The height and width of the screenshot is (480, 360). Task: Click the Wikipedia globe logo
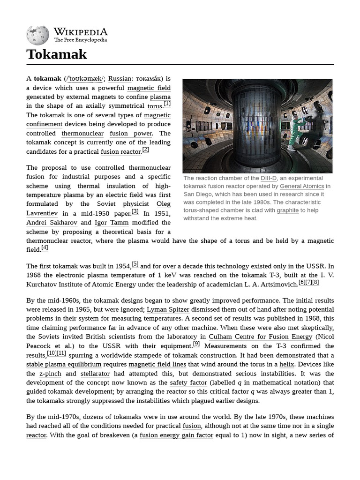coord(37,35)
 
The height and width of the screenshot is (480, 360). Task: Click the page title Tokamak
coord(57,54)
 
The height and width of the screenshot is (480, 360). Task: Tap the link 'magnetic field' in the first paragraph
coord(149,88)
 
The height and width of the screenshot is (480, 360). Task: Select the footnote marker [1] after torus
coord(167,104)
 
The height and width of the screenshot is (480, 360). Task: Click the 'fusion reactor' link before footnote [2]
coord(120,151)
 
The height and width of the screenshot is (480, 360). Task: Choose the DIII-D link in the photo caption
coord(269,178)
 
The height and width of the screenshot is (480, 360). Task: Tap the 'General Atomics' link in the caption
coord(302,186)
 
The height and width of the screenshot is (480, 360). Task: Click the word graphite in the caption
coord(287,210)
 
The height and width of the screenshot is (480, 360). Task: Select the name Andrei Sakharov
coord(47,222)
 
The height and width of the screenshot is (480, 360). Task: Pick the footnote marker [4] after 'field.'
coord(45,247)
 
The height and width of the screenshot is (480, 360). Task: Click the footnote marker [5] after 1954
coord(135,264)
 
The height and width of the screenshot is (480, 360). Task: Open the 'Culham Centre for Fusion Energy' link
coord(260,337)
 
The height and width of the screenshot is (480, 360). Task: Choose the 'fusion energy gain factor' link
coord(176,435)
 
